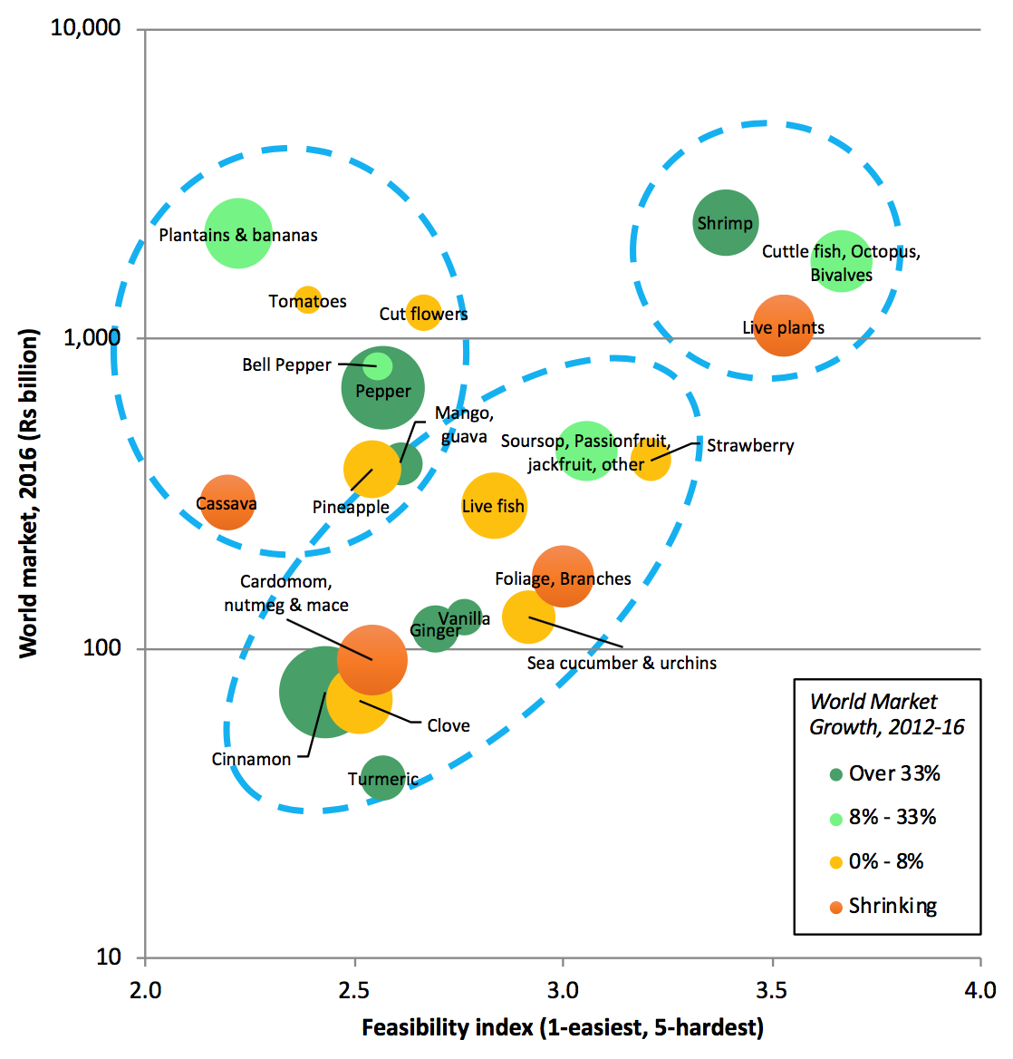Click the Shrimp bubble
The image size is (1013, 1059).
[725, 222]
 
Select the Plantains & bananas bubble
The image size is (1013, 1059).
[238, 233]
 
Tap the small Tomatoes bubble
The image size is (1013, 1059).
[308, 299]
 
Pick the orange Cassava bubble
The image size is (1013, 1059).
[227, 502]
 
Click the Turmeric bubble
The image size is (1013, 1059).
[383, 778]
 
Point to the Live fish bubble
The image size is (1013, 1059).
[494, 506]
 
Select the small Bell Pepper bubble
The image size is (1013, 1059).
[378, 365]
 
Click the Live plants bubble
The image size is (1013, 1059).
[784, 326]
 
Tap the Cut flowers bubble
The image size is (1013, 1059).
[423, 313]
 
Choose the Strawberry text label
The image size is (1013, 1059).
[750, 445]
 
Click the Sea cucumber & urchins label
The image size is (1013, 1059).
[622, 663]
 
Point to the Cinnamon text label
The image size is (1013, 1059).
[251, 759]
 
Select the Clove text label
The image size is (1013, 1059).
[449, 725]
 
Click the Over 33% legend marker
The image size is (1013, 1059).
[836, 774]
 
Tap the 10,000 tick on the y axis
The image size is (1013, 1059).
[85, 27]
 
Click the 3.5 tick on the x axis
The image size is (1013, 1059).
[772, 989]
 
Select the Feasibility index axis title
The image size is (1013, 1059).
[562, 1027]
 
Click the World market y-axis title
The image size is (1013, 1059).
[28, 493]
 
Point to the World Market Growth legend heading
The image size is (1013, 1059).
[886, 714]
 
